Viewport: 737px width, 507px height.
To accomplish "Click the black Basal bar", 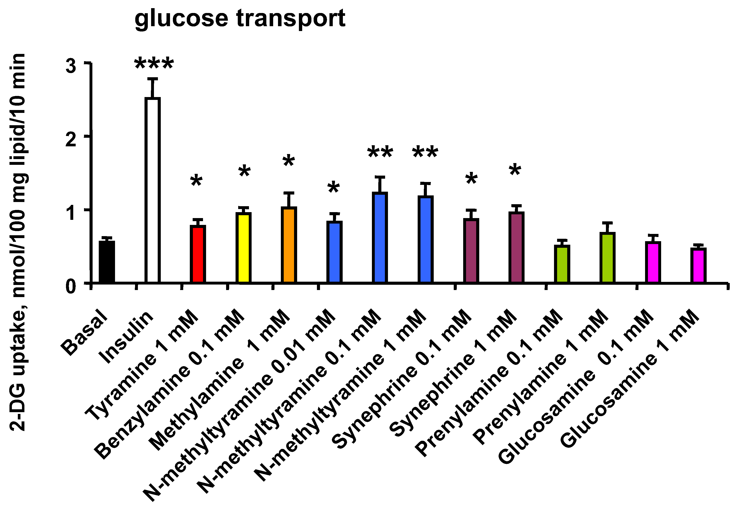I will (x=107, y=261).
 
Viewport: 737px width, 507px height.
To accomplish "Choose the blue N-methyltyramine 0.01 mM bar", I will (x=334, y=251).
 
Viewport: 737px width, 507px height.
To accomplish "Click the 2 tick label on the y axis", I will (x=71, y=139).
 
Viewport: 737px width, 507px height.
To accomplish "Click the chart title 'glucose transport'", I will (x=240, y=18).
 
